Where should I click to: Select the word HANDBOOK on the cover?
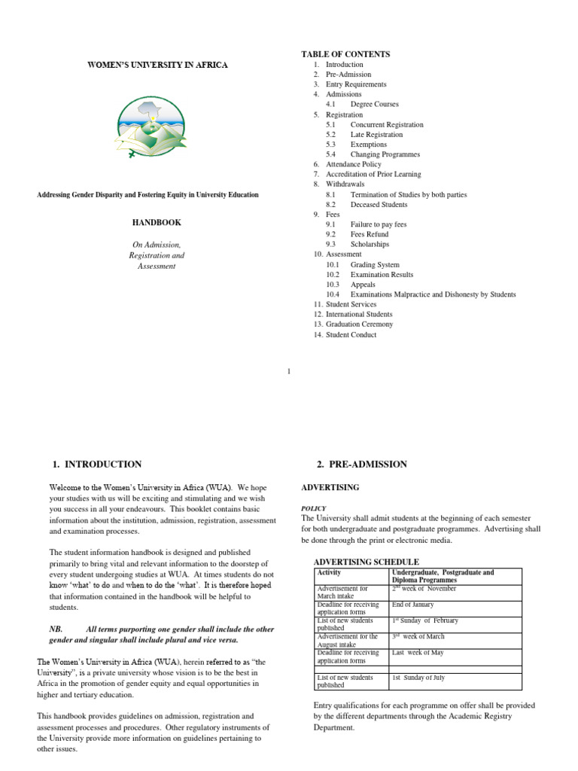[x=157, y=223]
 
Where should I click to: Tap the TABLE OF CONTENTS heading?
[x=345, y=54]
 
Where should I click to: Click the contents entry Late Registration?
[x=376, y=135]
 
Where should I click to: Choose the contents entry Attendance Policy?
[x=353, y=164]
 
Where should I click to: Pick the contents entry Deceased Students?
[x=379, y=205]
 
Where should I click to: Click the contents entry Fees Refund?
[x=370, y=234]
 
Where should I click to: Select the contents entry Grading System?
[x=375, y=265]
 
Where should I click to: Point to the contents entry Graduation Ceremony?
[x=359, y=325]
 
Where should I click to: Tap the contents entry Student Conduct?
[x=351, y=335]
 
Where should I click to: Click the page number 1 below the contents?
[x=289, y=370]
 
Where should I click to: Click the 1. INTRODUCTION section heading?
[x=97, y=465]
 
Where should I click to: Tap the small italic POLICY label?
[x=314, y=508]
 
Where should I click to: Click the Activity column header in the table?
[x=330, y=573]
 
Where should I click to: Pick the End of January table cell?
[x=412, y=605]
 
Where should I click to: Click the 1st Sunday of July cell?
[x=418, y=678]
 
